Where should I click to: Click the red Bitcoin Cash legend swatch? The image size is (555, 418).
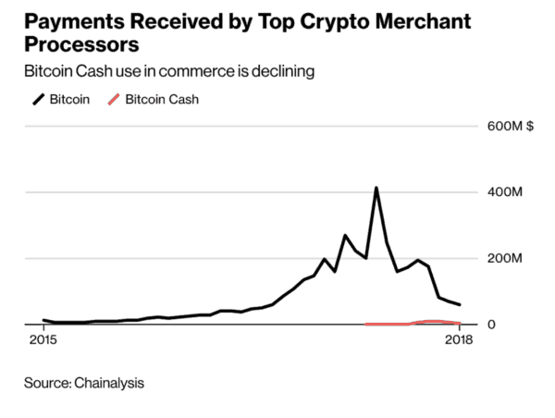[x=114, y=99]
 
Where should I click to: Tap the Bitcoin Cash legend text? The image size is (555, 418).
[x=162, y=99]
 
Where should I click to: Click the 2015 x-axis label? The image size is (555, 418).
[x=43, y=341]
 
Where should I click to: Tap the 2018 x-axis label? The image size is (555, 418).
[x=460, y=341]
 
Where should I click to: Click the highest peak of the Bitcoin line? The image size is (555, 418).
[x=376, y=189]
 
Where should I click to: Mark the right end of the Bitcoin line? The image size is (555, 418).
[x=460, y=304]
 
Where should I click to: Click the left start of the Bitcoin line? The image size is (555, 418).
[x=44, y=320]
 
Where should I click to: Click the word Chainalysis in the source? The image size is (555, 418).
[x=110, y=381]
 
